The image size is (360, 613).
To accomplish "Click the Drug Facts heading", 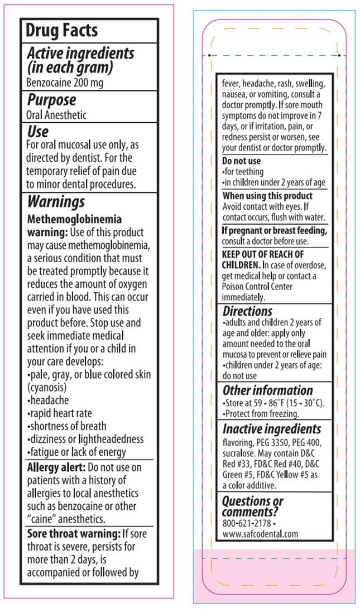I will (x=61, y=30).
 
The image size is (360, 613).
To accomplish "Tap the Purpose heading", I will (x=52, y=100).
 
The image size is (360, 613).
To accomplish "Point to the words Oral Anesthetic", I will (x=57, y=115).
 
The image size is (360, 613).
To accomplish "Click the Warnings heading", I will (x=56, y=201).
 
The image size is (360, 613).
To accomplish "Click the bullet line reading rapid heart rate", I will (x=60, y=413).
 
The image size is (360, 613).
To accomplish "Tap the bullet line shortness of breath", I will (x=66, y=426).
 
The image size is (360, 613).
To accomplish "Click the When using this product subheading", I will (x=267, y=196).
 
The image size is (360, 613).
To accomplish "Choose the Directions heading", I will (x=247, y=311).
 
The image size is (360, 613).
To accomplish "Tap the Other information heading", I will (x=267, y=390).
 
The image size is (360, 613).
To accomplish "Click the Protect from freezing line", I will (x=260, y=413).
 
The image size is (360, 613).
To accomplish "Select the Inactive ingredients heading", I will (x=272, y=429).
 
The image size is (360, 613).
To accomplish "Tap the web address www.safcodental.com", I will (x=260, y=534).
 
